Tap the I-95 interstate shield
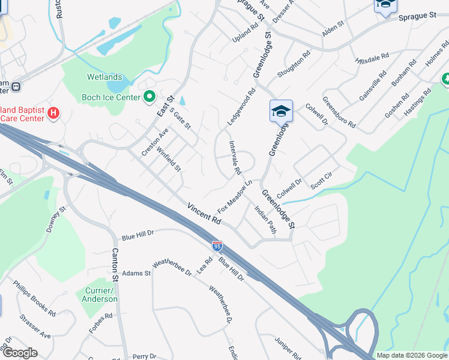[x=217, y=246]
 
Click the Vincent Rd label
[x=204, y=214]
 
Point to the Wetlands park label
[x=104, y=77]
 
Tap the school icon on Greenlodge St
[x=280, y=111]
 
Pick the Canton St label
[x=114, y=266]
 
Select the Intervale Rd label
[x=235, y=157]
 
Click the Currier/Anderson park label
[x=97, y=295]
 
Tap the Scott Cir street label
[x=321, y=179]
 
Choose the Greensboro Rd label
[x=339, y=112]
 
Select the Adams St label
[x=136, y=273]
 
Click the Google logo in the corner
[x=20, y=353]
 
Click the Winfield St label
[x=169, y=159]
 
